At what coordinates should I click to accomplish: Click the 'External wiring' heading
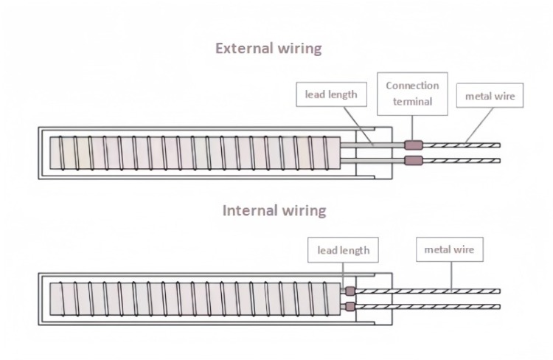tap(268, 49)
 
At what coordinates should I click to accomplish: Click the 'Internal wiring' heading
tap(274, 210)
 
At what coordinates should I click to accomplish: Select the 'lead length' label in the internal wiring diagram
tap(343, 250)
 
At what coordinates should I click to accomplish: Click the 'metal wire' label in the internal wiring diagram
tap(448, 250)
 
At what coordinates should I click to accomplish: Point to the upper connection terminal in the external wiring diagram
tap(414, 145)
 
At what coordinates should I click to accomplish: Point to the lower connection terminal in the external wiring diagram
tap(414, 160)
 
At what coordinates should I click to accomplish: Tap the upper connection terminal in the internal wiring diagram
tap(350, 291)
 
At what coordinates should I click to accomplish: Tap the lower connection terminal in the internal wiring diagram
tap(350, 306)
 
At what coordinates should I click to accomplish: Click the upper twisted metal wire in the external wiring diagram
tap(461, 145)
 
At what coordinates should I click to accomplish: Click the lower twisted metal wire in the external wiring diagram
tap(461, 160)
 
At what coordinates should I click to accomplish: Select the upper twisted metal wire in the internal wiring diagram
tap(428, 291)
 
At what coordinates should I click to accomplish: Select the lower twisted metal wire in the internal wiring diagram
tap(428, 306)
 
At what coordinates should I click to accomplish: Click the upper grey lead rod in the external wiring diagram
tap(372, 145)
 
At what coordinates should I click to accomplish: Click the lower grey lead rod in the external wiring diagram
tap(372, 160)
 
